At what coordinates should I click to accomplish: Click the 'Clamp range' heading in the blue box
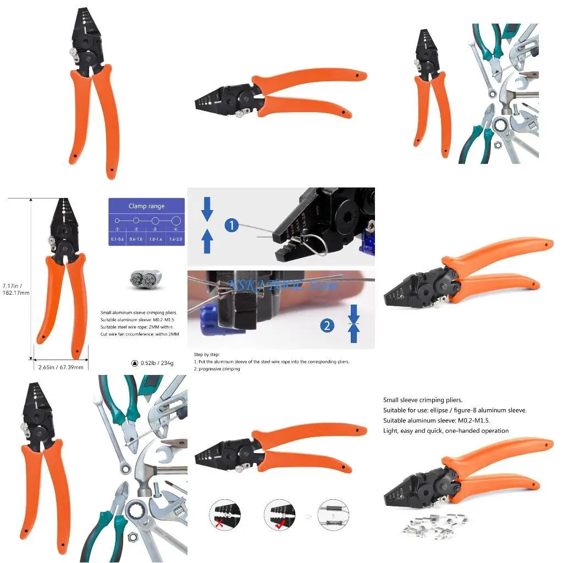(146, 206)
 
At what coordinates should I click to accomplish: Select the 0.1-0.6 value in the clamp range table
(117, 239)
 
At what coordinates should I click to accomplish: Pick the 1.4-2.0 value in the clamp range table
(175, 239)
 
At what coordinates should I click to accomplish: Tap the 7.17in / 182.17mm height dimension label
(15, 289)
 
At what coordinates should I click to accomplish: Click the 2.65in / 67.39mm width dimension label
(60, 367)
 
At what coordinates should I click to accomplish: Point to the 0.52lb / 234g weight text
(153, 363)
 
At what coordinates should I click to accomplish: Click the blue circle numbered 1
(231, 225)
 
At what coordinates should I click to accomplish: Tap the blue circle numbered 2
(327, 325)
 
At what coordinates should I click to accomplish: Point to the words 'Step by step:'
(207, 355)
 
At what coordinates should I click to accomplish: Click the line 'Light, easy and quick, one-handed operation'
(445, 430)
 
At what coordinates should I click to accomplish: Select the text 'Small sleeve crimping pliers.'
(422, 400)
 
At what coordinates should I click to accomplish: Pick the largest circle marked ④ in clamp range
(175, 220)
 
